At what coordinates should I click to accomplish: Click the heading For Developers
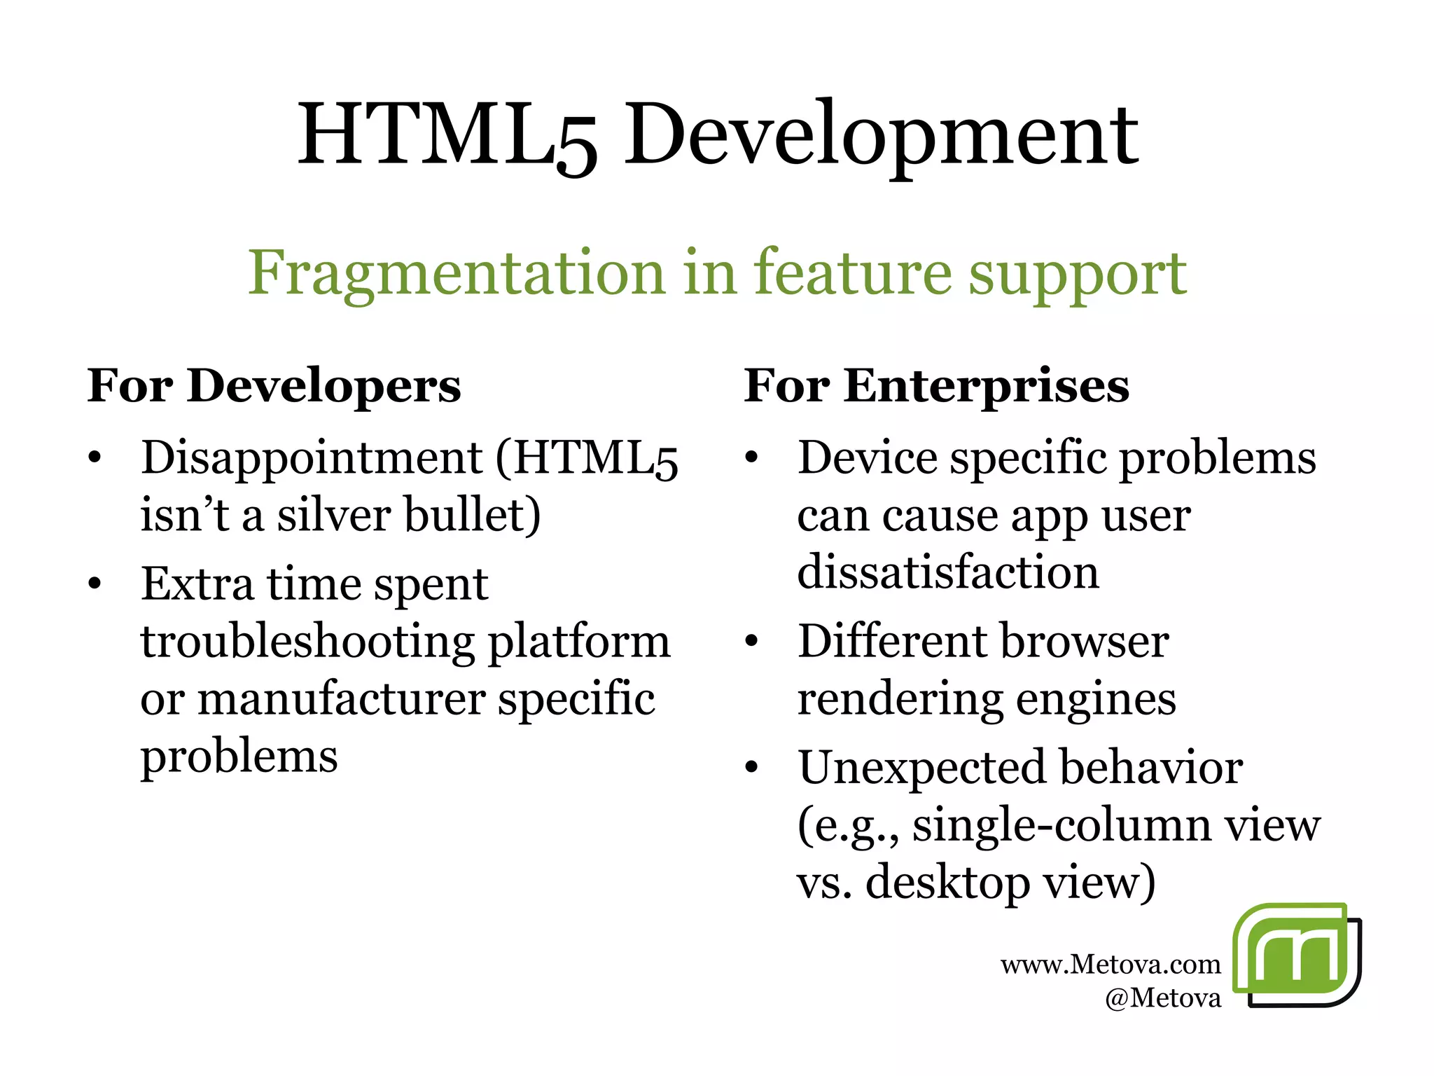pyautogui.click(x=274, y=386)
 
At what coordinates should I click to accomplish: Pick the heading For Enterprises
pyautogui.click(x=936, y=386)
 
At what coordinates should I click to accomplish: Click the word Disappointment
pyautogui.click(x=312, y=458)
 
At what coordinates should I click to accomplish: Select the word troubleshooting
pyautogui.click(x=307, y=642)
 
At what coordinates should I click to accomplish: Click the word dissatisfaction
pyautogui.click(x=948, y=572)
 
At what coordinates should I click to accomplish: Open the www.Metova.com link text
pyautogui.click(x=1111, y=965)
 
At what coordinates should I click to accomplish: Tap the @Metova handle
pyautogui.click(x=1162, y=998)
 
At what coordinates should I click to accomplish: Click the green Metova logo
pyautogui.click(x=1296, y=955)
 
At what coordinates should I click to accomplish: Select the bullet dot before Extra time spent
pyautogui.click(x=95, y=584)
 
